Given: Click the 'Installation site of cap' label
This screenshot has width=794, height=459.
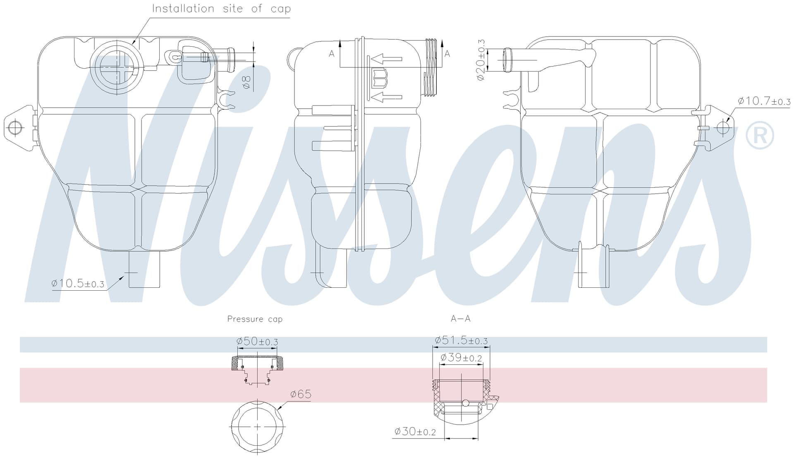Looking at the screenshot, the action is [x=221, y=9].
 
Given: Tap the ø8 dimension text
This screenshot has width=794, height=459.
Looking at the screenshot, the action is [x=246, y=81].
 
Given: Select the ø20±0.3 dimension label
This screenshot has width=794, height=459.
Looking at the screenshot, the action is [x=481, y=60].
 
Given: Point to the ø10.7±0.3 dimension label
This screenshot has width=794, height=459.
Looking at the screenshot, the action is [x=764, y=101].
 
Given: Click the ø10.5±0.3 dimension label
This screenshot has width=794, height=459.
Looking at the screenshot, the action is [x=78, y=284].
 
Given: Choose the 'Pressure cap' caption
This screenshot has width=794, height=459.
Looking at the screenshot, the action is [x=255, y=319].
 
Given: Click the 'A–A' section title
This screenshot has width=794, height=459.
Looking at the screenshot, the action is [x=460, y=318].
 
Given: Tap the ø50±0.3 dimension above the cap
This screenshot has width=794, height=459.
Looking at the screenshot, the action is [x=257, y=342].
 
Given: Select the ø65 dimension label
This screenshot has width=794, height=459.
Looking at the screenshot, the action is [x=301, y=394].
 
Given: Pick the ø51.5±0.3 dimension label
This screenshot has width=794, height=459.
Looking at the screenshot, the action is [x=461, y=340].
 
